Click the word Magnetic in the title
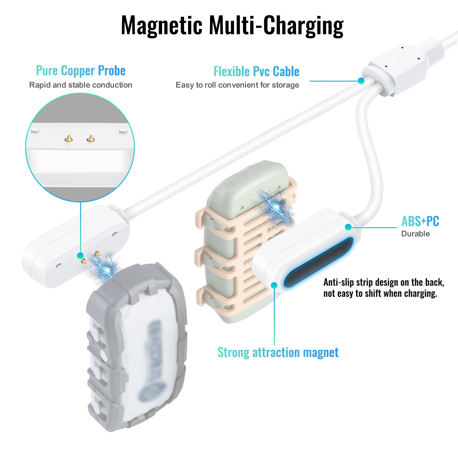click(162, 25)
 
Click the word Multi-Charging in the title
click(276, 25)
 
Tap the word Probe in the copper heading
click(112, 71)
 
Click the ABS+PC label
click(420, 221)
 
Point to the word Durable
click(415, 234)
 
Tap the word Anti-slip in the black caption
click(338, 283)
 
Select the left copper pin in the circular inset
click(68, 139)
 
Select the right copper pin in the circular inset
click(90, 139)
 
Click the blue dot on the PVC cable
click(361, 81)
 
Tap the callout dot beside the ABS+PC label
click(348, 227)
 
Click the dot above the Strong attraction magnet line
click(274, 285)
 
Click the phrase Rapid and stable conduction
click(80, 85)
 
